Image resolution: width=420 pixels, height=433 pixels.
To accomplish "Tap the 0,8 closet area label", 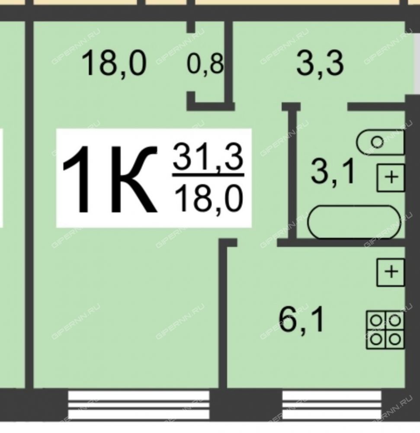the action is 205,64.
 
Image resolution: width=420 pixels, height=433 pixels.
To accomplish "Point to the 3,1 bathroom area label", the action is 333,172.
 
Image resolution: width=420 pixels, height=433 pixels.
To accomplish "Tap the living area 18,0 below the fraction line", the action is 208,198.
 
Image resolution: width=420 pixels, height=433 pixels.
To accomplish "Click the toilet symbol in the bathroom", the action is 381,142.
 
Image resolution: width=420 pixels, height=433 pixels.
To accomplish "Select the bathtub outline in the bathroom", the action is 354,221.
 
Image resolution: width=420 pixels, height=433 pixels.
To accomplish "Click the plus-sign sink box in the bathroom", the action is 391,178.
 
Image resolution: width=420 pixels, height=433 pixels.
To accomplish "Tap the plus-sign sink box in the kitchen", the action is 391,272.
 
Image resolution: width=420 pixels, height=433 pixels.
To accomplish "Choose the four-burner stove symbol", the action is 385,330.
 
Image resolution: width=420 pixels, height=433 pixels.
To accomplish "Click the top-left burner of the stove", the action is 375,321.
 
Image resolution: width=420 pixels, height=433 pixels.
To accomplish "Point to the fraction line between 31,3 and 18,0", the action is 208,175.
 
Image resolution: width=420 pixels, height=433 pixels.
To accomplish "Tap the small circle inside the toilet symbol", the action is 377,142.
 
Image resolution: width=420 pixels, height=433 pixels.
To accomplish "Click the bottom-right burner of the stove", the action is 395,339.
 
